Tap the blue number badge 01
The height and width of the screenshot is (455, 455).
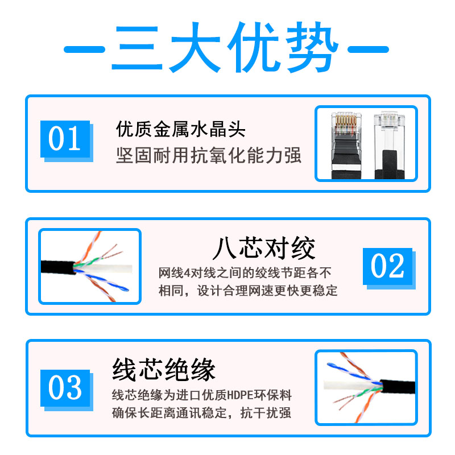65,139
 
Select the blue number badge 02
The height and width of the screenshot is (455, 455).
388,266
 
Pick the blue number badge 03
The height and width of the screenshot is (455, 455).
65,388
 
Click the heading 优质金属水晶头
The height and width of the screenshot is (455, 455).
180,129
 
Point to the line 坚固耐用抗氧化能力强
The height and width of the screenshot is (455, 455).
209,155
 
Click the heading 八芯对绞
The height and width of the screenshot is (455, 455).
264,248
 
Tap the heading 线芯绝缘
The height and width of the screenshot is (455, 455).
164,369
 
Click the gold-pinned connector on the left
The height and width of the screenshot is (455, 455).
346,145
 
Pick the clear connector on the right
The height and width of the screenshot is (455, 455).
389,145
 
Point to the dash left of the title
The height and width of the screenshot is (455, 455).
84,49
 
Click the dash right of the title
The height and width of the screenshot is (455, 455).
368,49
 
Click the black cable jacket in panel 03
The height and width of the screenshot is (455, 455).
398,387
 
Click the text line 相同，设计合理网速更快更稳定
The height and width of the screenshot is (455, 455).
248,291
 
